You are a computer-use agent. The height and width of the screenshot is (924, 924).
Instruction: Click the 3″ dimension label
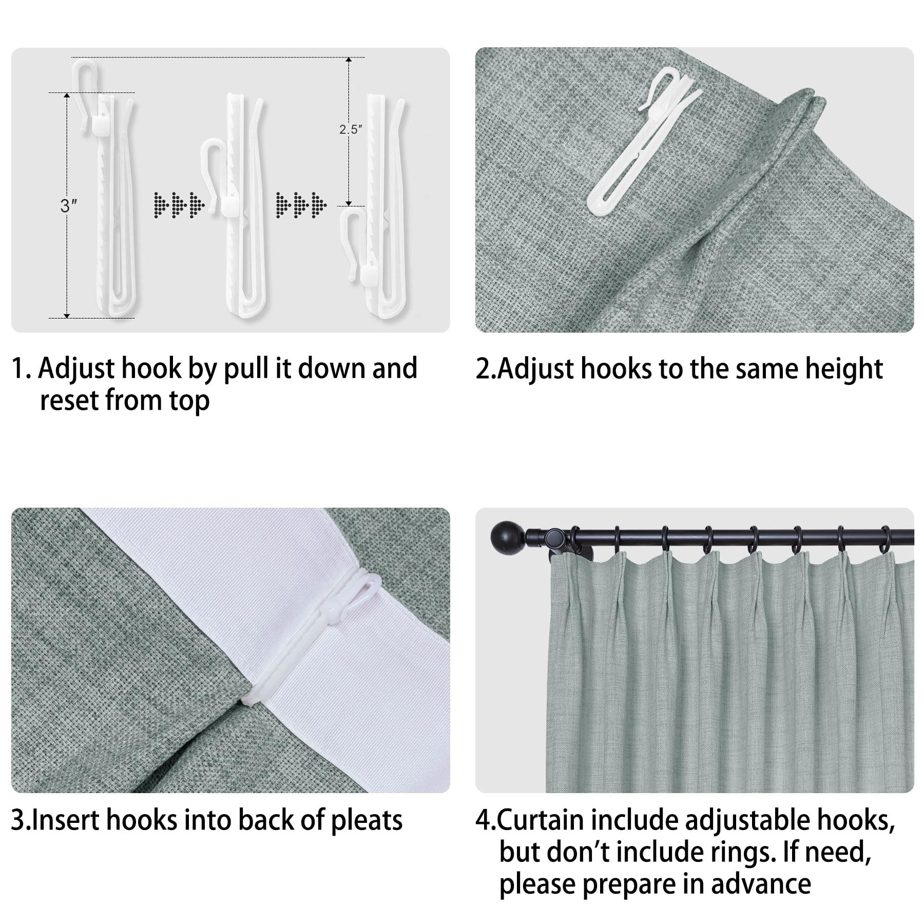[x=69, y=206]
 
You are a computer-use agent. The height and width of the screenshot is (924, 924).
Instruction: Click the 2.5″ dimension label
[x=351, y=129]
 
